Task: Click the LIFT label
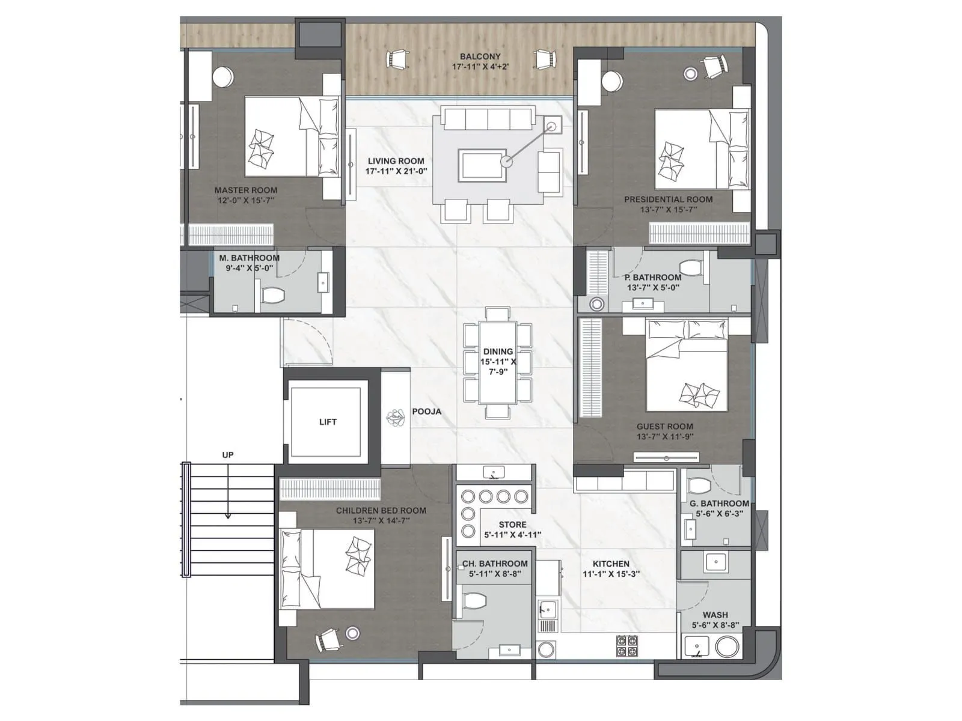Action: point(328,422)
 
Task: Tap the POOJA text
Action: point(426,412)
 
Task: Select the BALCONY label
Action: point(480,56)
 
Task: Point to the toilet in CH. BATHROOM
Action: point(474,601)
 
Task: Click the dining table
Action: point(498,363)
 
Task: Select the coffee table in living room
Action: point(480,164)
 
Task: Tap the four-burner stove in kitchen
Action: point(627,645)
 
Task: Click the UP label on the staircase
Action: point(227,455)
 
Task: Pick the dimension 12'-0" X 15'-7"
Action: point(246,201)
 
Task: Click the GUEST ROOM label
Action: point(664,427)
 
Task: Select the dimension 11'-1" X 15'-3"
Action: point(611,574)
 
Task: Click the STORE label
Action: point(512,525)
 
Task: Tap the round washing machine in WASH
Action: point(726,647)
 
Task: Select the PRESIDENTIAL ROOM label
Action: point(668,199)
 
